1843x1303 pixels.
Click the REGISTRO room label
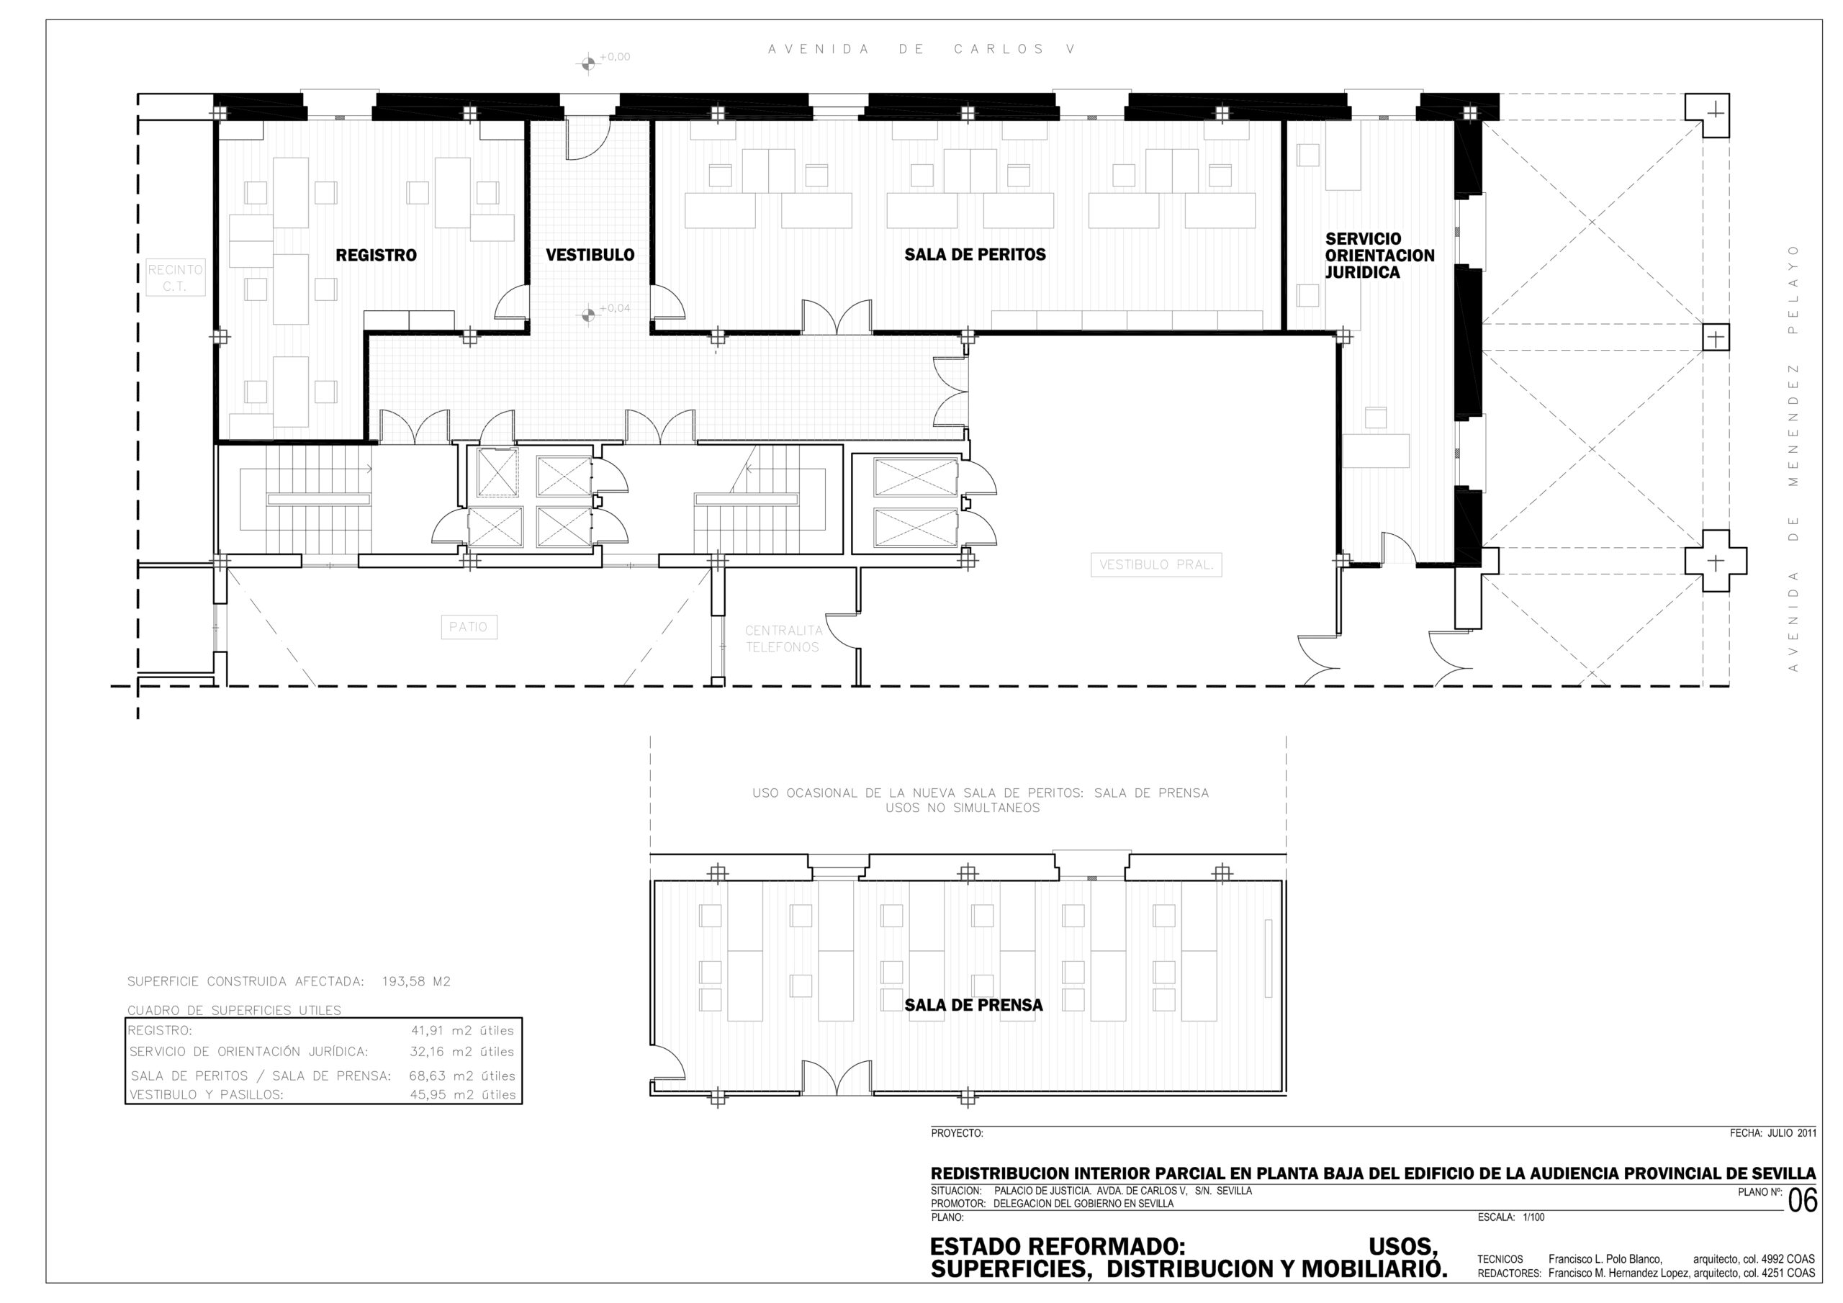pyautogui.click(x=376, y=256)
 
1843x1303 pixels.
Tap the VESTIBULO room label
pyautogui.click(x=590, y=256)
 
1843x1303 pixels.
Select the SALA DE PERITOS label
pyautogui.click(x=975, y=255)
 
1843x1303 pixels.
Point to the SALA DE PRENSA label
pyautogui.click(x=973, y=1005)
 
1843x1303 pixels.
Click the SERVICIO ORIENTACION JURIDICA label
pyautogui.click(x=1379, y=256)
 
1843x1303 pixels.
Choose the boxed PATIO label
pyautogui.click(x=469, y=627)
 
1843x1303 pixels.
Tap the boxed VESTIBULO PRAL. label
pyautogui.click(x=1156, y=564)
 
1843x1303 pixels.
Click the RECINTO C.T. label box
pyautogui.click(x=175, y=278)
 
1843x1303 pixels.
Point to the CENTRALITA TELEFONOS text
pyautogui.click(x=783, y=639)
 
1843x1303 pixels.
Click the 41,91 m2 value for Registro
pyautogui.click(x=462, y=1031)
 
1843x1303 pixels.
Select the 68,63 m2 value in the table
pyautogui.click(x=462, y=1076)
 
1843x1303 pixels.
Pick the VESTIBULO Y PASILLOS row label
pyautogui.click(x=207, y=1094)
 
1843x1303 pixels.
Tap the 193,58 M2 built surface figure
pyautogui.click(x=416, y=981)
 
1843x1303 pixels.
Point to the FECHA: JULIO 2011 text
pyautogui.click(x=1773, y=1134)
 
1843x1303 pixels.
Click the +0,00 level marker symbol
pyautogui.click(x=588, y=63)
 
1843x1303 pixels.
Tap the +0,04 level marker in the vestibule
pyautogui.click(x=588, y=315)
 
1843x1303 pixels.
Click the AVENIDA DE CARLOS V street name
pyautogui.click(x=921, y=49)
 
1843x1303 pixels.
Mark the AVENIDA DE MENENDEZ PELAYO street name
pyautogui.click(x=1794, y=459)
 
